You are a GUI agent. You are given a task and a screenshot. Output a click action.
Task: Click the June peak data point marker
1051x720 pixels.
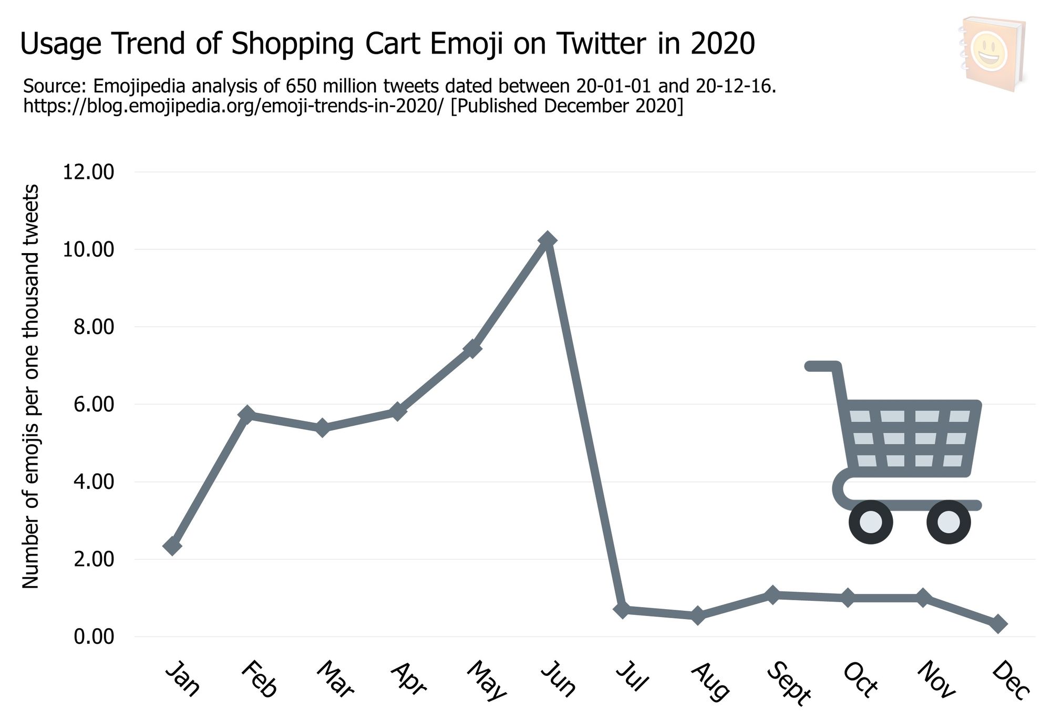coord(548,240)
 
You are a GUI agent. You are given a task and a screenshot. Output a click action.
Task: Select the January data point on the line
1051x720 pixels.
coord(172,546)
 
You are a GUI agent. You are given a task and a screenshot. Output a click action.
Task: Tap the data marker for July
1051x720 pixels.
coord(623,610)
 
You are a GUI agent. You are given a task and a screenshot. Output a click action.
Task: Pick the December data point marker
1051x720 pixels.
coord(998,624)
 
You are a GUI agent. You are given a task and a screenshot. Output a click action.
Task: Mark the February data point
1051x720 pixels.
coord(247,414)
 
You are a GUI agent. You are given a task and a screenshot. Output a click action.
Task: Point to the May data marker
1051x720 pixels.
coord(472,348)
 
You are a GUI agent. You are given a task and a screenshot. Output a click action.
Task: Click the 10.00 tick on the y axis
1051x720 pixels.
coord(88,249)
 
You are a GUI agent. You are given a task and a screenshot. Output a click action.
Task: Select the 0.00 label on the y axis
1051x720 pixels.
coord(94,637)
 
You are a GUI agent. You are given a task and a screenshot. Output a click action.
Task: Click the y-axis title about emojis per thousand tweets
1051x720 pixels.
coord(30,386)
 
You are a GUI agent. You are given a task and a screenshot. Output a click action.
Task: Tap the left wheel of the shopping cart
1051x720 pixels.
coord(871,523)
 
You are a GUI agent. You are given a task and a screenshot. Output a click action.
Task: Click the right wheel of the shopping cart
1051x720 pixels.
coord(949,523)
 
